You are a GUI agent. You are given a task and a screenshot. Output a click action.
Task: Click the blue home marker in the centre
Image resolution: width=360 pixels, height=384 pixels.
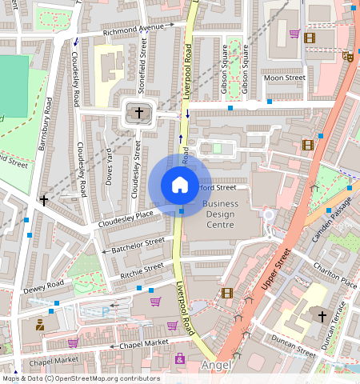pyautogui.click(x=180, y=185)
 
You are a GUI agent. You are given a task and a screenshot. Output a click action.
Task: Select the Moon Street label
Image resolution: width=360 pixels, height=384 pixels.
pyautogui.click(x=284, y=78)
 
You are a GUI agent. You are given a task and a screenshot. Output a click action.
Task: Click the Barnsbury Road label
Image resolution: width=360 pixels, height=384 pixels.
pyautogui.click(x=45, y=123)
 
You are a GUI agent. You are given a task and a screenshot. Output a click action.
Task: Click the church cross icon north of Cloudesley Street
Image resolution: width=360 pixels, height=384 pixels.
pyautogui.click(x=139, y=114)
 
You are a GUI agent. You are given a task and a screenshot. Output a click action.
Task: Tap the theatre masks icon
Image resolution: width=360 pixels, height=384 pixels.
pyautogui.click(x=347, y=57)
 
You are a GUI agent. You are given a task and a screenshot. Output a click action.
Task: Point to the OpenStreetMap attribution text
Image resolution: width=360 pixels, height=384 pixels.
pyautogui.click(x=81, y=378)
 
